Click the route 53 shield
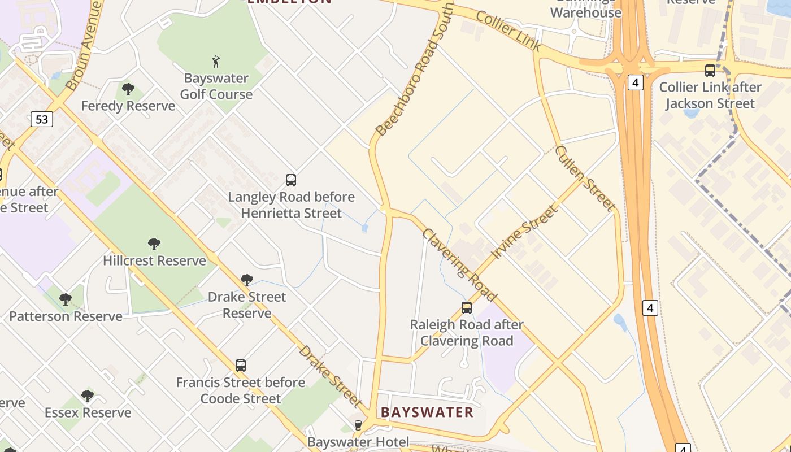[41, 119]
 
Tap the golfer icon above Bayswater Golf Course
[216, 61]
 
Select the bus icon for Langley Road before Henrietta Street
[291, 180]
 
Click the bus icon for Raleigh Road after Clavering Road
[467, 308]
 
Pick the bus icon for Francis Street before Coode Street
[241, 366]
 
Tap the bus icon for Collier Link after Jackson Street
[710, 71]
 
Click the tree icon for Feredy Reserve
[128, 89]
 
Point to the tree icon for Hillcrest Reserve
[154, 244]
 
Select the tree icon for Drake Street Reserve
[247, 280]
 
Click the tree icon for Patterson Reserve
[66, 299]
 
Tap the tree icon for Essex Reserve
[88, 395]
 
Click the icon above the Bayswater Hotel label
[358, 425]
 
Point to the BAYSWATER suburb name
[427, 412]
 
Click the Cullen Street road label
[585, 178]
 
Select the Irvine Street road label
[525, 232]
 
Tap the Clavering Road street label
[459, 265]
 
